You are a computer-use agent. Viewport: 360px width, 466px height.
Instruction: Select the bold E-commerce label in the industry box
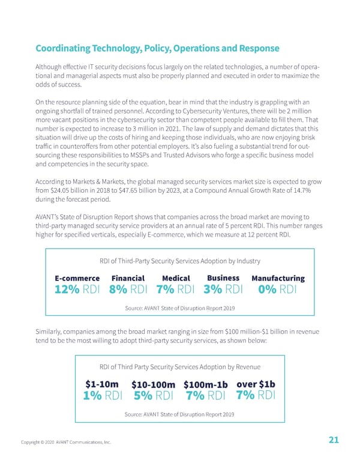(77, 279)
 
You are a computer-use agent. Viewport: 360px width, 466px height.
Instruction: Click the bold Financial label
(128, 279)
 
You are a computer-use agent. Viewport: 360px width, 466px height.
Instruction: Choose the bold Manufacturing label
(278, 279)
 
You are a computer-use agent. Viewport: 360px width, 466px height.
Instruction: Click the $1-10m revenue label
(101, 384)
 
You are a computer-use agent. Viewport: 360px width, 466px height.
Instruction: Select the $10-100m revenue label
(153, 384)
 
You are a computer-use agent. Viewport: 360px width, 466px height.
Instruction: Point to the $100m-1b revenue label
(206, 384)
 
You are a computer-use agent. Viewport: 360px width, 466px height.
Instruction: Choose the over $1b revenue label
(256, 384)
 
